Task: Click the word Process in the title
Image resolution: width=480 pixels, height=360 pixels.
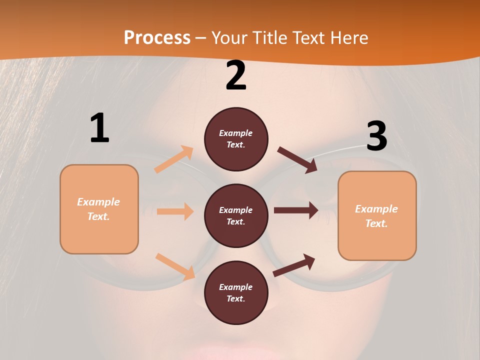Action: (157, 37)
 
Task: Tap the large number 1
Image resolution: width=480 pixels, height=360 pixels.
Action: (99, 128)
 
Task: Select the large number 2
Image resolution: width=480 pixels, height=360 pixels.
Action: (236, 75)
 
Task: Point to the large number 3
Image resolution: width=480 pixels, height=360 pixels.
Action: (376, 136)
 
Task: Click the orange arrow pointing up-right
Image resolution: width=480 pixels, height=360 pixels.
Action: (174, 159)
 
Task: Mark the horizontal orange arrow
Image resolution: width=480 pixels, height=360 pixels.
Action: (175, 211)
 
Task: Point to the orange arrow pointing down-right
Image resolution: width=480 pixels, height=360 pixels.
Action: (175, 266)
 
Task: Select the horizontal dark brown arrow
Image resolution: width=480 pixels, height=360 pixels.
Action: (296, 210)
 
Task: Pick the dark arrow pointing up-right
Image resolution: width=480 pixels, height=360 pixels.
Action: (294, 265)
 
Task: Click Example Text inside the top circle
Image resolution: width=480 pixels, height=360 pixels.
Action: (236, 139)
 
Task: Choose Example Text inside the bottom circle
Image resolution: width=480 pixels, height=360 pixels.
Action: (236, 293)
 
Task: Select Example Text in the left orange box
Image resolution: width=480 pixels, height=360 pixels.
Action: (99, 209)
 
